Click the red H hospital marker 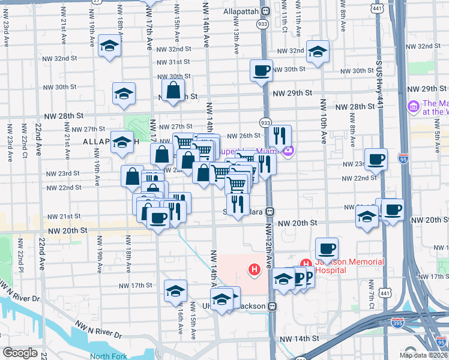click(255, 271)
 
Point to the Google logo click(20, 352)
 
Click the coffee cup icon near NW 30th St click(262, 70)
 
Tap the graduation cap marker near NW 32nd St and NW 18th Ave click(109, 46)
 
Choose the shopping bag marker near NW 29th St click(173, 91)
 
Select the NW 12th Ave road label click(268, 245)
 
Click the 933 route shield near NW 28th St click(265, 122)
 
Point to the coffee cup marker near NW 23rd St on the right click(376, 159)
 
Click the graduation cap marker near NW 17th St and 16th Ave click(175, 291)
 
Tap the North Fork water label click(108, 356)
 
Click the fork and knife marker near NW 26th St click(280, 136)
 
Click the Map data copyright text click(423, 355)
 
